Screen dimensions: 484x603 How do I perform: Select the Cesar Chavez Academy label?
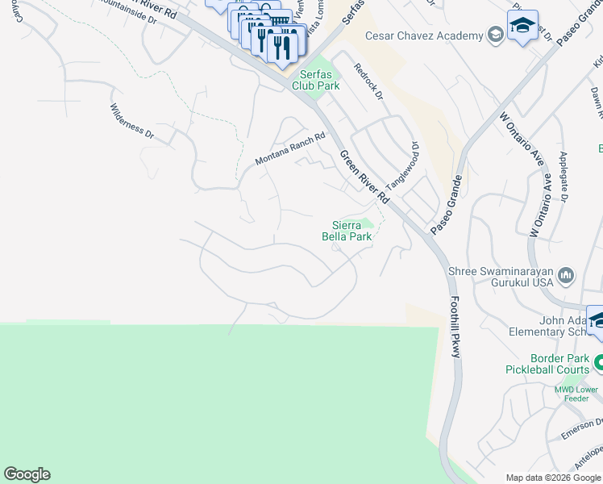[x=424, y=35]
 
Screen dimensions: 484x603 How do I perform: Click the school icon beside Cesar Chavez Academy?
[x=494, y=35]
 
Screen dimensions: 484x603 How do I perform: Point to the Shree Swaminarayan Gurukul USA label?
[x=501, y=277]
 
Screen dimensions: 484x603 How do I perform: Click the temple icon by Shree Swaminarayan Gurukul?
[x=565, y=277]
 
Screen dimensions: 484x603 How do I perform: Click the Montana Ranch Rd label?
[x=289, y=150]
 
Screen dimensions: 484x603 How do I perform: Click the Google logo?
[x=27, y=474]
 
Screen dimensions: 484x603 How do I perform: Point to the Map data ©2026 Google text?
[x=553, y=478]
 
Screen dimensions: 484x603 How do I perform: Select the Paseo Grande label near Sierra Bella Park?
[x=445, y=208]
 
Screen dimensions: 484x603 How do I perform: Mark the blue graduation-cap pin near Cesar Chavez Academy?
[x=522, y=25]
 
